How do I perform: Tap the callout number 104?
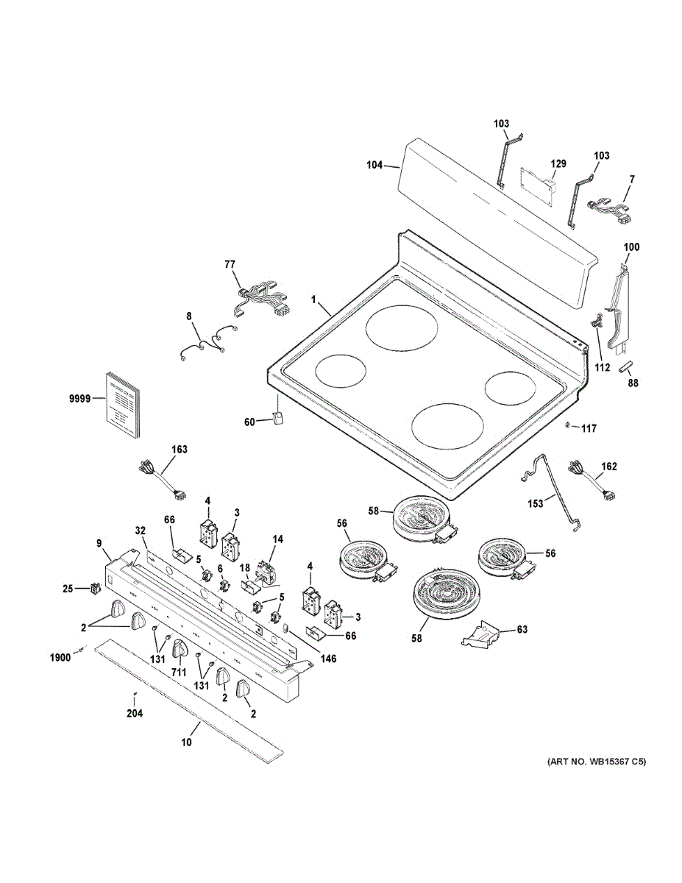(374, 166)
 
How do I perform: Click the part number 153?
(536, 503)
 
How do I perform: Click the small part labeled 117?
(568, 425)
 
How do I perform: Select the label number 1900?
(60, 658)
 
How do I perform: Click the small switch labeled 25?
(94, 587)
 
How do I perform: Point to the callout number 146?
(327, 659)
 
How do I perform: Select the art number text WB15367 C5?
(596, 762)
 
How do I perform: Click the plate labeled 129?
(536, 180)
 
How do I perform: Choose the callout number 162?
(608, 467)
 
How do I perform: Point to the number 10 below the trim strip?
(185, 742)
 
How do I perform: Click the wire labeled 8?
(208, 342)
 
